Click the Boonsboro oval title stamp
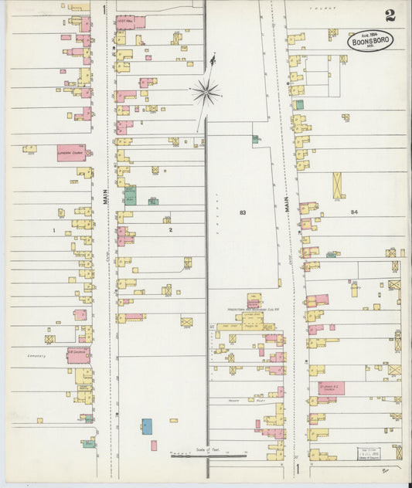pyautogui.click(x=370, y=40)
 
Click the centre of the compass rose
pyautogui.click(x=206, y=93)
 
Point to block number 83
pyautogui.click(x=243, y=211)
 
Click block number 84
pyautogui.click(x=354, y=211)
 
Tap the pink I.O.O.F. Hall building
pyautogui.click(x=129, y=22)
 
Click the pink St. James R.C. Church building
pyautogui.click(x=331, y=388)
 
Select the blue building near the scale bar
pyautogui.click(x=147, y=426)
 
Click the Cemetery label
pyautogui.click(x=34, y=356)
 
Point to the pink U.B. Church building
pyautogui.click(x=78, y=355)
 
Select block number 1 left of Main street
pyautogui.click(x=54, y=230)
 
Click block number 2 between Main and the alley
pyautogui.click(x=169, y=230)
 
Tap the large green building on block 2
pyautogui.click(x=130, y=195)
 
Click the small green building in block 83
pyautogui.click(x=255, y=139)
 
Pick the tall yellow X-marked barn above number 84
pyautogui.click(x=338, y=185)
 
